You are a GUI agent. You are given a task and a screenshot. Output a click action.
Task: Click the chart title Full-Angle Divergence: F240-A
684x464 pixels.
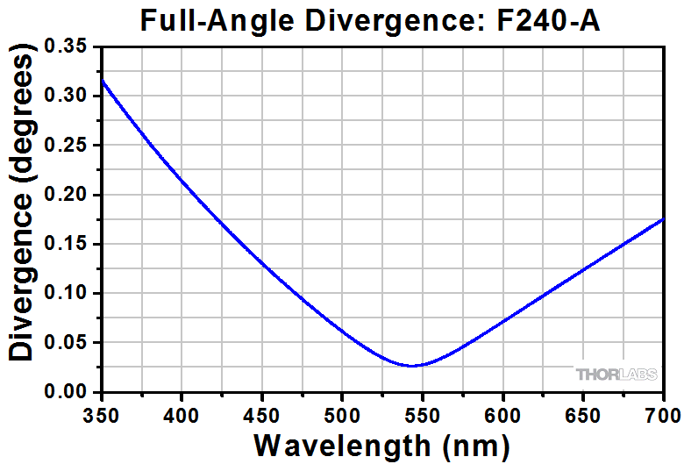coord(370,18)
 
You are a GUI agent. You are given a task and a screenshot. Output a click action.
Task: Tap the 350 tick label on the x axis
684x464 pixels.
coord(103,410)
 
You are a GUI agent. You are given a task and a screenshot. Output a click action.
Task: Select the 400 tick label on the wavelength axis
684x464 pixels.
coord(182,410)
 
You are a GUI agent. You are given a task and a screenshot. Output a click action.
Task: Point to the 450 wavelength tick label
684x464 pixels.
coord(261,410)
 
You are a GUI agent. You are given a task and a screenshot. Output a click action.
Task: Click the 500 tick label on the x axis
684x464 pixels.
coord(342,410)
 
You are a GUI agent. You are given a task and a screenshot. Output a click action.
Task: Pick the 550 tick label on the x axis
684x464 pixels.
coord(422,410)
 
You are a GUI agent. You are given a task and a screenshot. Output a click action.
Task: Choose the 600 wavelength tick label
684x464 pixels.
coord(502,410)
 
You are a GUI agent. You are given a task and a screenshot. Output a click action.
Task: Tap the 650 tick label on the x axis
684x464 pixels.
coord(582,410)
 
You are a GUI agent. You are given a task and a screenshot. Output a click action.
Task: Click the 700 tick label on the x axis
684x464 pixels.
coord(659,410)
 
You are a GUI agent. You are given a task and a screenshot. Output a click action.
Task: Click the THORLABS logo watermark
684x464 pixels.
coord(615,375)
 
